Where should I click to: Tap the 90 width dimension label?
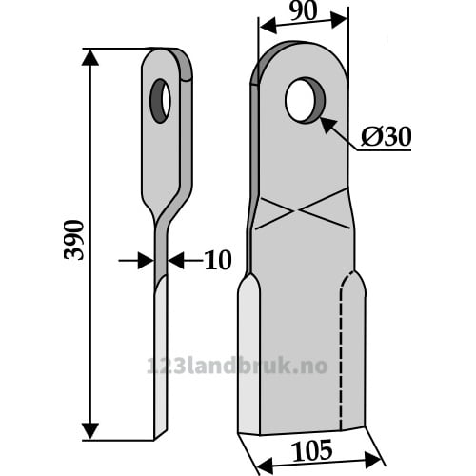[303, 12]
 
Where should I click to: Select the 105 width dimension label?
[312, 450]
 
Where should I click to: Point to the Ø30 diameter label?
[386, 136]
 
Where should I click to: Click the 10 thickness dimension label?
[218, 260]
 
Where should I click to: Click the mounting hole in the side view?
[160, 101]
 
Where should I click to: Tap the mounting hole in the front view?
[305, 100]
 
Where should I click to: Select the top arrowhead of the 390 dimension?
[90, 58]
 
